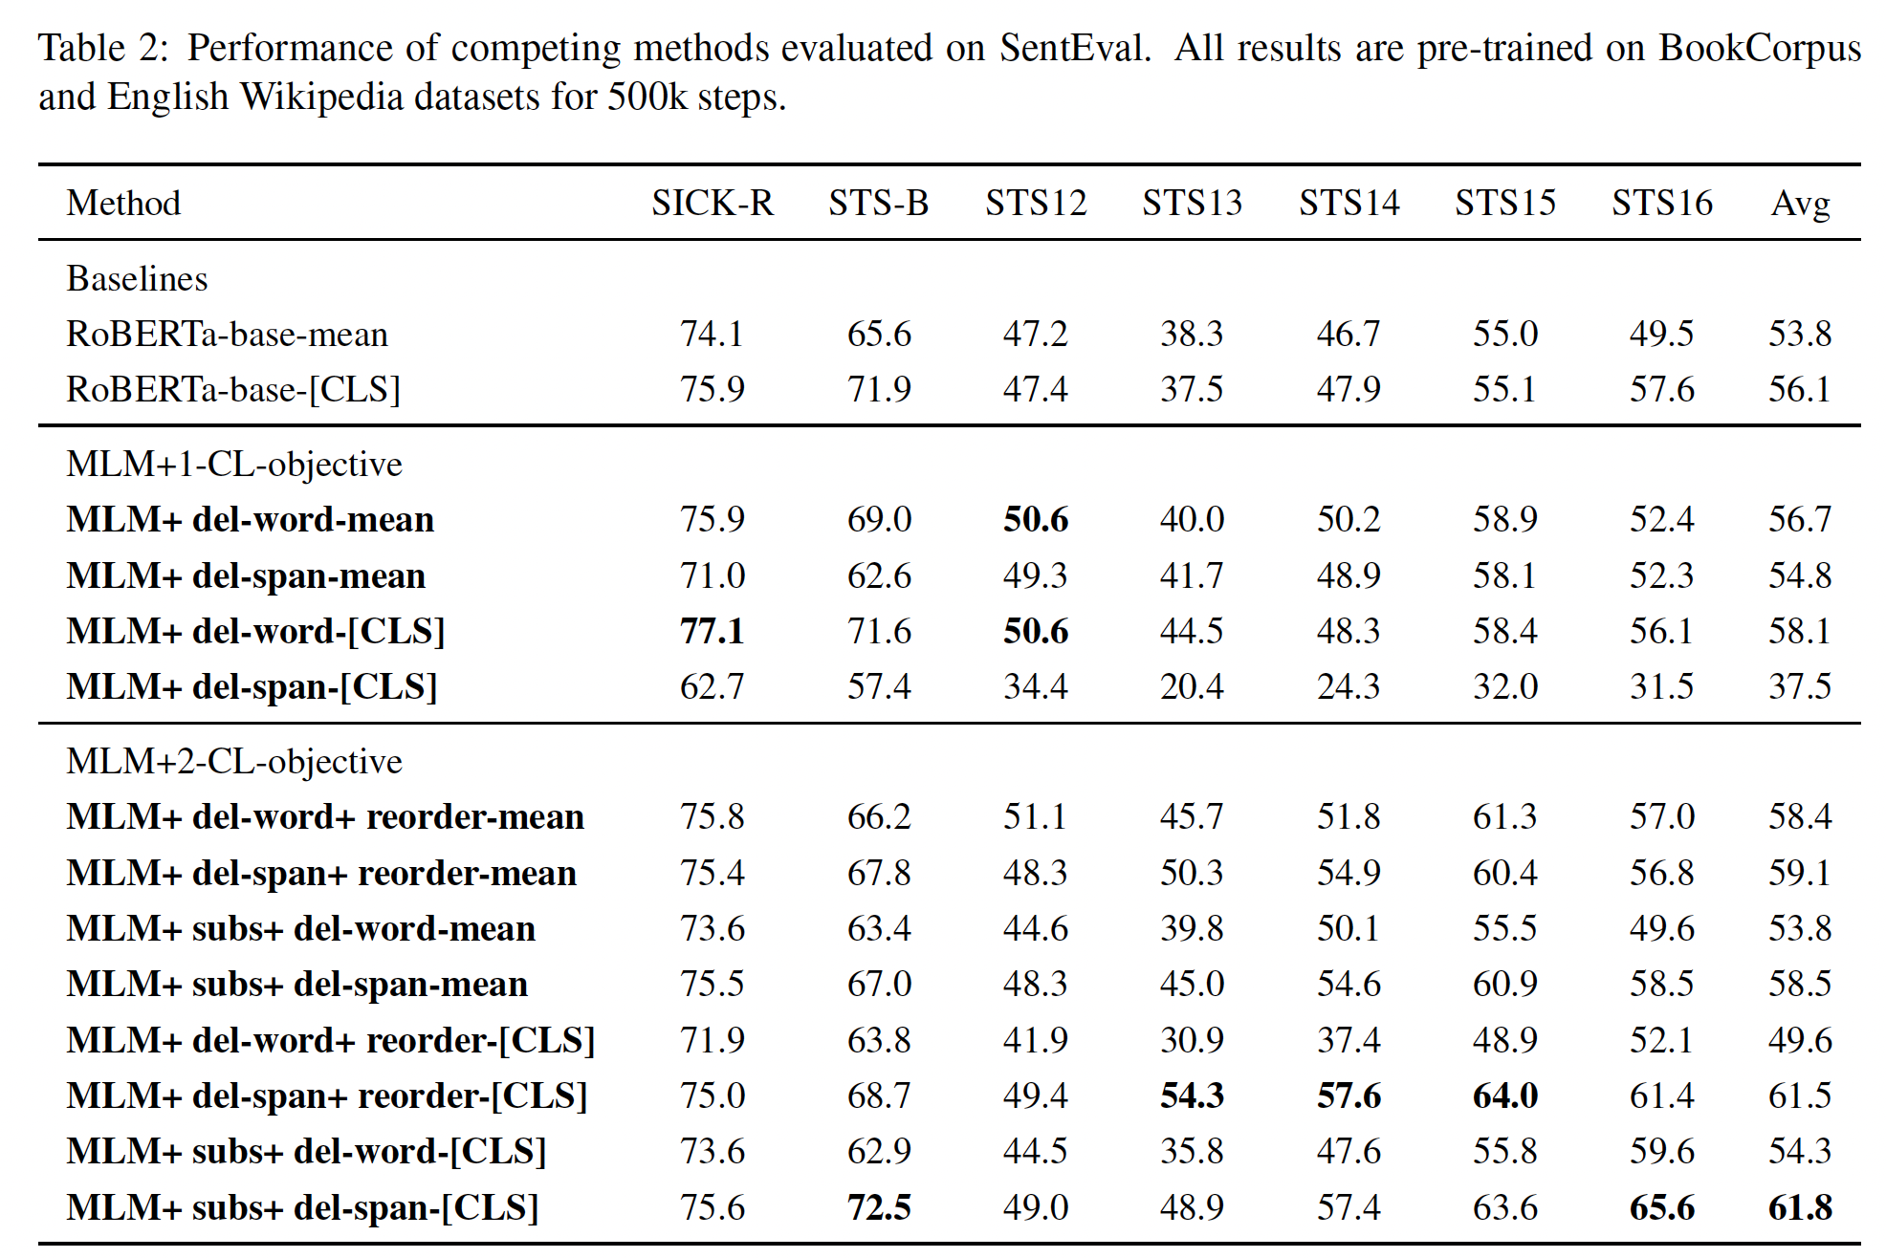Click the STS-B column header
[x=878, y=203]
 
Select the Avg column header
[x=1800, y=203]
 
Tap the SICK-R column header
[x=713, y=203]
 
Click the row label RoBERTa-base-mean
[x=228, y=334]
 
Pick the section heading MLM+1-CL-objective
[x=234, y=464]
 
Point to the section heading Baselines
[x=137, y=278]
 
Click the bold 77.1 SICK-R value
[x=713, y=631]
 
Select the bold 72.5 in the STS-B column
[x=879, y=1207]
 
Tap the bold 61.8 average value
[x=1800, y=1207]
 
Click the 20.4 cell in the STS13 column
[x=1192, y=686]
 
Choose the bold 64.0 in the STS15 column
[x=1505, y=1095]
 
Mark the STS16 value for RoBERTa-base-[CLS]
[x=1662, y=389]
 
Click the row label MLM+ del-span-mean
[x=246, y=575]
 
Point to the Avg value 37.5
[x=1800, y=686]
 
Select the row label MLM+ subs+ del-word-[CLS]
[x=306, y=1151]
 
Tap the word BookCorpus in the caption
[x=1759, y=48]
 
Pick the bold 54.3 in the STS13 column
[x=1192, y=1095]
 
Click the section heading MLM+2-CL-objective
[x=234, y=761]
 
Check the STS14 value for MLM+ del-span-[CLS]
[x=1349, y=686]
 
